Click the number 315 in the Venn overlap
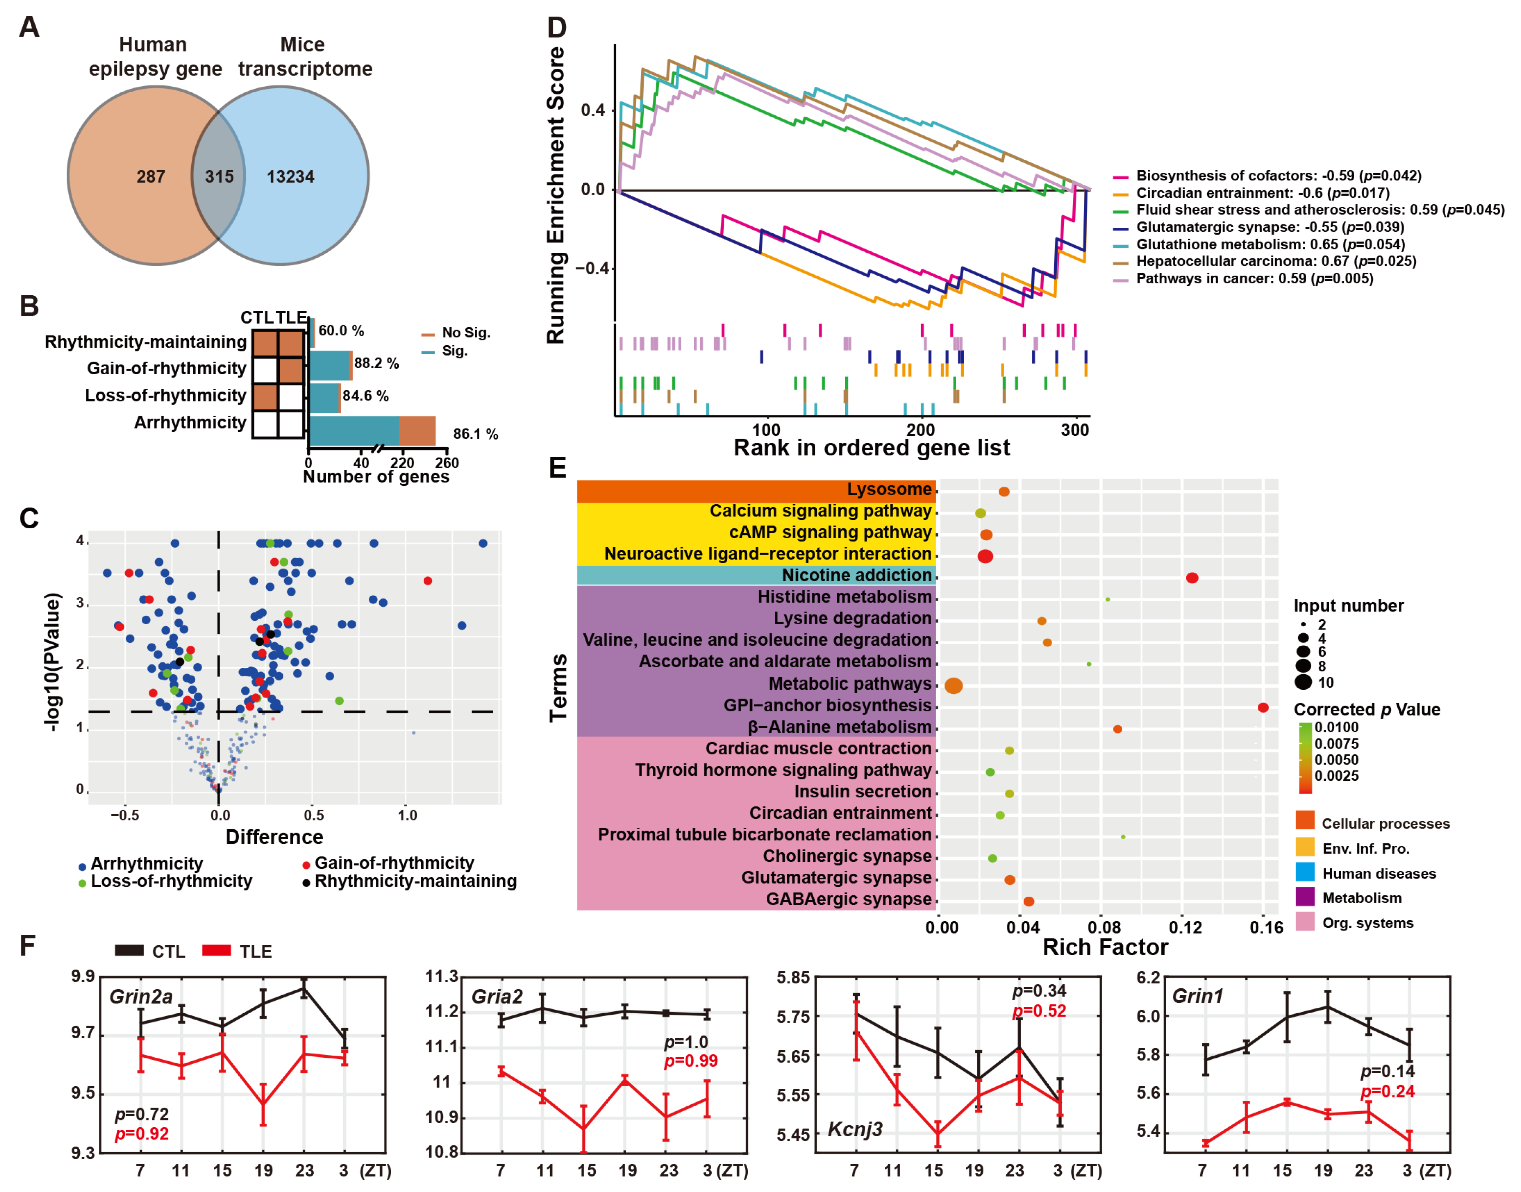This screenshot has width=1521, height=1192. (x=219, y=177)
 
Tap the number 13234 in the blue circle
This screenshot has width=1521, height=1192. (x=290, y=177)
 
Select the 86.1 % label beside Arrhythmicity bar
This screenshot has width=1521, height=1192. (x=476, y=434)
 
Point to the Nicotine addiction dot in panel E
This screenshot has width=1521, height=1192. (x=1192, y=578)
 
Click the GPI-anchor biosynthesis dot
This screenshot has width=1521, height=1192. (x=1263, y=708)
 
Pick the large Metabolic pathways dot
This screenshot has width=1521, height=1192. (x=953, y=686)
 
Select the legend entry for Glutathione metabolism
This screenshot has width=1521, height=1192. (x=1270, y=244)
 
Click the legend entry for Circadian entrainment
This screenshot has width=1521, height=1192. (x=1262, y=193)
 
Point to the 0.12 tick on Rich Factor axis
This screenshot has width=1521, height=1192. (x=1185, y=928)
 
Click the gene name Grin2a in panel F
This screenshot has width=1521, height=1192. (x=141, y=997)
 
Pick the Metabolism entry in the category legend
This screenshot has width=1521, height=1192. (x=1361, y=898)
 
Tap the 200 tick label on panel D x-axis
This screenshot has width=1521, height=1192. (x=920, y=430)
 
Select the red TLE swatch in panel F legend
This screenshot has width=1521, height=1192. (x=216, y=951)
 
